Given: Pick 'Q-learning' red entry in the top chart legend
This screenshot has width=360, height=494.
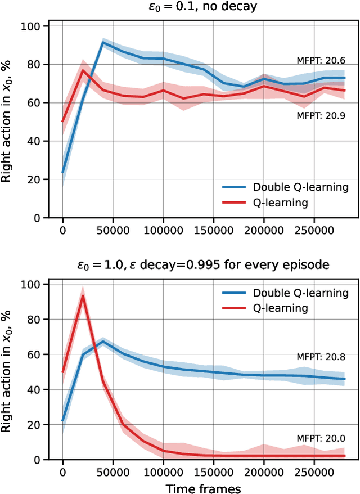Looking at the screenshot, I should (281, 203).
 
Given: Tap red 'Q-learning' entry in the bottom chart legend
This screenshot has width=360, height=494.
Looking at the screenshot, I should (281, 308).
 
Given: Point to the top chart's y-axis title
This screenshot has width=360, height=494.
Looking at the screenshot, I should (8, 121).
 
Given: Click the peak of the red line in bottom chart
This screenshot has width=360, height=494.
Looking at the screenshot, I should (83, 296).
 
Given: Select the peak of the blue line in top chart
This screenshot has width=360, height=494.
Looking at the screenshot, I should (103, 42).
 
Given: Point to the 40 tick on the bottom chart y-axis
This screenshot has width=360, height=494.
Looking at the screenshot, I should (36, 389).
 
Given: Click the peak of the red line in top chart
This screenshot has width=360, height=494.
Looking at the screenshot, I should (83, 70).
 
